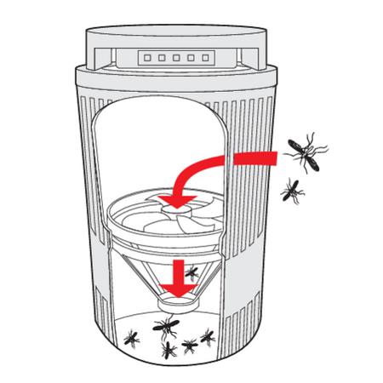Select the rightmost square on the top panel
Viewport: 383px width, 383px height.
203,60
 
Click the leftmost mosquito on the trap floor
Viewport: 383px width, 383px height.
132,338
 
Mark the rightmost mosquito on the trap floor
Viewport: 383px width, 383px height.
208,338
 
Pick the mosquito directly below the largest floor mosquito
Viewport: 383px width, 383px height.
168,348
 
